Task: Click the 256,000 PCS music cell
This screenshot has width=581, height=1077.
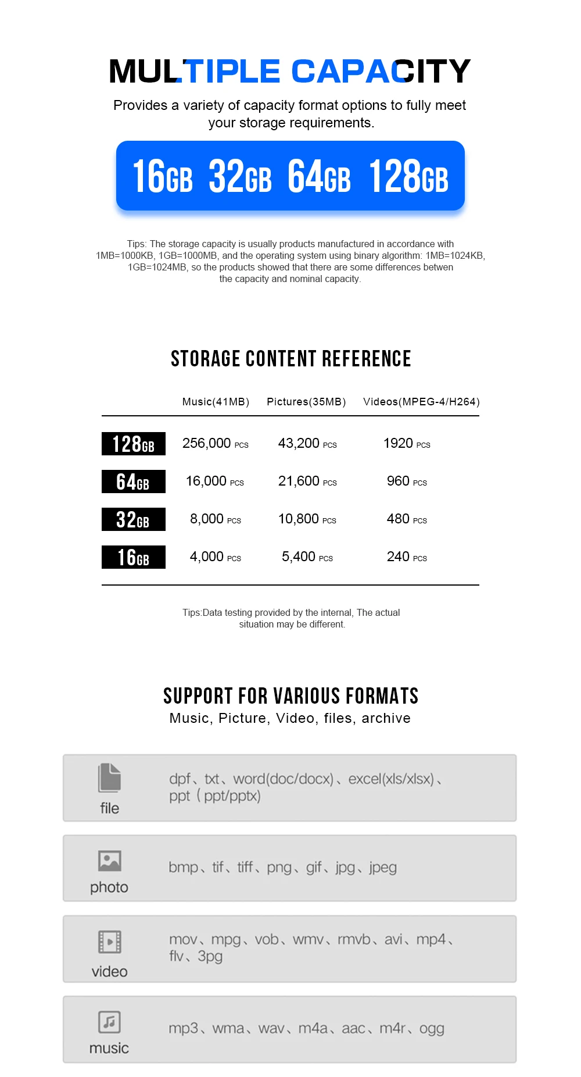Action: point(215,444)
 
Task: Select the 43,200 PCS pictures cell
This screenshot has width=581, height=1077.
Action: point(307,444)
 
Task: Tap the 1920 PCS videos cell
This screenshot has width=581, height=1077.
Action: point(407,444)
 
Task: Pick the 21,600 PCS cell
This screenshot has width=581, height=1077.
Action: point(307,482)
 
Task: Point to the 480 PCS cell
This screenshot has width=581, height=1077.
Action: point(407,519)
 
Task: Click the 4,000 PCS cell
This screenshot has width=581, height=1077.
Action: point(215,557)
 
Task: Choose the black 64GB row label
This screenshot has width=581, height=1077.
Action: point(134,482)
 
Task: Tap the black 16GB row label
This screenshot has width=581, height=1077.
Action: point(134,557)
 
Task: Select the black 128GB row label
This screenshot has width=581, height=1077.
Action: point(134,444)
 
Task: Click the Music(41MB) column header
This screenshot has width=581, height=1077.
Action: point(216,402)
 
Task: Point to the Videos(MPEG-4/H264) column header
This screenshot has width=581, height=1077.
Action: point(421,402)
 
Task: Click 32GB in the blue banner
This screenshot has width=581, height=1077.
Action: point(240,176)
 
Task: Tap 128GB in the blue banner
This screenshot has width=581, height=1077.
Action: point(408,176)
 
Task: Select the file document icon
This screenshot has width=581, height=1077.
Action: point(109,778)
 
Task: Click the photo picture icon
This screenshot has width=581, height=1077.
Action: point(109,861)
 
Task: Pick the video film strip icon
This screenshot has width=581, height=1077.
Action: point(109,942)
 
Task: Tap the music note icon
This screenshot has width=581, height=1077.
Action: point(109,1022)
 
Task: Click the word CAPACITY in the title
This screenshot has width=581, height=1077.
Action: point(380,72)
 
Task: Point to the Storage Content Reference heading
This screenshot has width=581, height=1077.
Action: point(290,359)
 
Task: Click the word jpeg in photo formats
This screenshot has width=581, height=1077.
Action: point(383,868)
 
